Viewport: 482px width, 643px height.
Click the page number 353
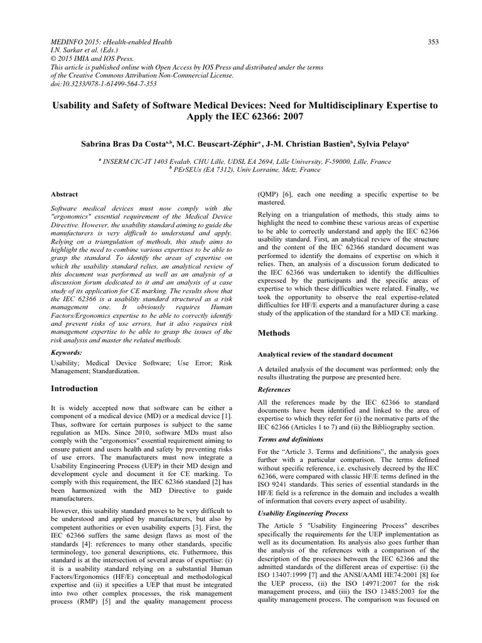(432, 42)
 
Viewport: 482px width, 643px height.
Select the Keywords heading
(67, 354)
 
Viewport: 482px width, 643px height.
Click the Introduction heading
(74, 389)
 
